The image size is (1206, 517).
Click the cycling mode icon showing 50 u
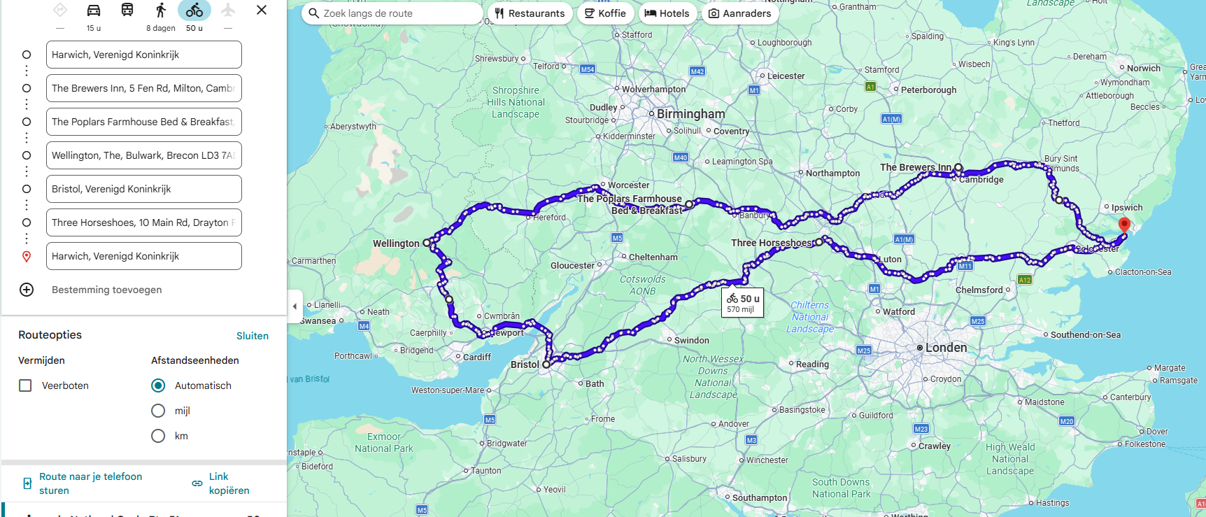click(x=194, y=10)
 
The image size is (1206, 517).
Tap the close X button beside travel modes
click(x=262, y=10)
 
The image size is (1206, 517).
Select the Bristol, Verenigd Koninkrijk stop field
click(x=143, y=189)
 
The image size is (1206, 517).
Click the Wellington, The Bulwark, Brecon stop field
click(x=143, y=155)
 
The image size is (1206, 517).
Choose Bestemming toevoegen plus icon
click(x=27, y=290)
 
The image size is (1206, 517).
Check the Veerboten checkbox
click(x=25, y=385)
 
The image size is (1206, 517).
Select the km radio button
click(x=158, y=436)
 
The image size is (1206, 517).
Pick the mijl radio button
click(x=158, y=411)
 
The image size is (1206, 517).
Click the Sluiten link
click(x=252, y=336)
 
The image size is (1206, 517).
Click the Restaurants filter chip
click(x=530, y=13)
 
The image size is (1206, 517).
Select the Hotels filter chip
click(x=667, y=13)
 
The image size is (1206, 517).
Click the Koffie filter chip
click(x=605, y=13)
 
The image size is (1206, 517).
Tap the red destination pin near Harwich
click(x=1124, y=225)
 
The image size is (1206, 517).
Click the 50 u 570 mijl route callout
click(x=742, y=303)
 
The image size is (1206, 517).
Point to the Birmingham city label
click(x=690, y=114)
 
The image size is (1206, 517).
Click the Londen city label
click(x=946, y=348)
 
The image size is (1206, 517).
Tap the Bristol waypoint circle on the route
click(x=546, y=364)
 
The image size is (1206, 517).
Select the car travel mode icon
click(x=94, y=10)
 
